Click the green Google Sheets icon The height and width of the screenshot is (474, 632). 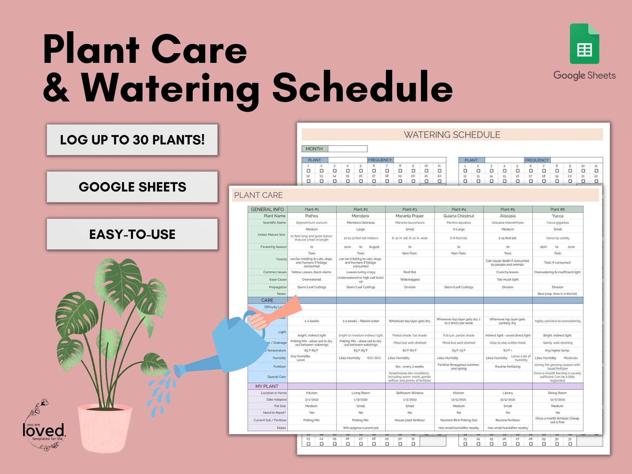tap(584, 44)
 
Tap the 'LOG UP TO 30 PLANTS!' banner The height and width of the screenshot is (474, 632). tap(132, 140)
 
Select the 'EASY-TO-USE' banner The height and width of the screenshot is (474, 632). tap(132, 234)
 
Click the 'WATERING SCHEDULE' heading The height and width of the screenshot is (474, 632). tap(452, 135)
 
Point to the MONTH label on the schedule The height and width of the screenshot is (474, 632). tap(314, 149)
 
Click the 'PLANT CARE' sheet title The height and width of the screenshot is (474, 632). tap(258, 195)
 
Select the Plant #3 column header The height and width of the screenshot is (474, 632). tap(409, 209)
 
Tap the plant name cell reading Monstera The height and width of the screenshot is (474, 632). tap(360, 216)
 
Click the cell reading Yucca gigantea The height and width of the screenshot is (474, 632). tap(557, 223)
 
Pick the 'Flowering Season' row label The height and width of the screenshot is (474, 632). tap(273, 247)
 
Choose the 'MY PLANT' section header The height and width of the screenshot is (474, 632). tap(267, 386)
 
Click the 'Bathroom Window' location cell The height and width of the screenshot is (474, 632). tap(409, 393)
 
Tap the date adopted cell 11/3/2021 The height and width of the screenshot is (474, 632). tap(557, 400)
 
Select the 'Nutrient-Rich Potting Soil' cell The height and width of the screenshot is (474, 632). tap(459, 420)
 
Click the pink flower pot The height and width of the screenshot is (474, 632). tap(105, 428)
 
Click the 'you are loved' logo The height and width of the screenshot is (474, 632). tap(44, 428)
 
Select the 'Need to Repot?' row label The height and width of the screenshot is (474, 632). tap(274, 413)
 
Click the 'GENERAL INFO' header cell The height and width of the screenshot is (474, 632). tap(267, 209)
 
